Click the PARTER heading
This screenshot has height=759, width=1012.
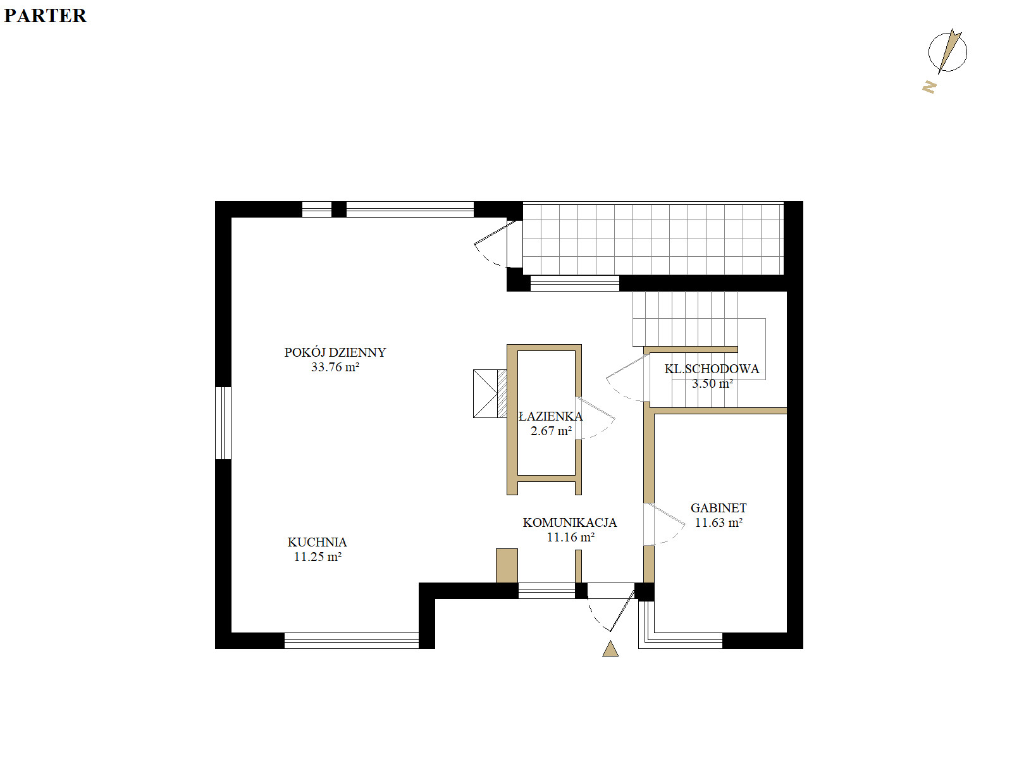pos(45,16)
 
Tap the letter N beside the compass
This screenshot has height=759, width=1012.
pos(929,87)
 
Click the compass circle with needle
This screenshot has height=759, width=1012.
pos(947,52)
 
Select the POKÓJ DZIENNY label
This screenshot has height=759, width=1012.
pos(335,352)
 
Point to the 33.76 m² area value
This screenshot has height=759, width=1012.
pos(335,367)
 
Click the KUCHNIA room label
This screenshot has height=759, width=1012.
pos(318,542)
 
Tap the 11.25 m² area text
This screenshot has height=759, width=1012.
pos(318,557)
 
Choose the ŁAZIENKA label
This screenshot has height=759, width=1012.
pos(550,416)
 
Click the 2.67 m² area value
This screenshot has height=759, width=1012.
pos(551,431)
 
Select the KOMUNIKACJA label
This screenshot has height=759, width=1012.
pos(570,522)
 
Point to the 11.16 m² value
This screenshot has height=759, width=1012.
pos(571,538)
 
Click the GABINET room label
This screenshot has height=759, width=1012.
pos(719,508)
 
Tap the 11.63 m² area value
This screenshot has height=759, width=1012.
pos(719,522)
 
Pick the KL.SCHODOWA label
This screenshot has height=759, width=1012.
pos(712,369)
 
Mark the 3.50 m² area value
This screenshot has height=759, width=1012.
pos(712,383)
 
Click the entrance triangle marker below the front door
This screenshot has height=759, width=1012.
pos(610,649)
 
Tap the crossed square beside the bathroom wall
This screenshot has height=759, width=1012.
pos(486,393)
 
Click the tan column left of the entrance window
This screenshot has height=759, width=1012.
pos(507,566)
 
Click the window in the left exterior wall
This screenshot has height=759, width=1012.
pos(223,423)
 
